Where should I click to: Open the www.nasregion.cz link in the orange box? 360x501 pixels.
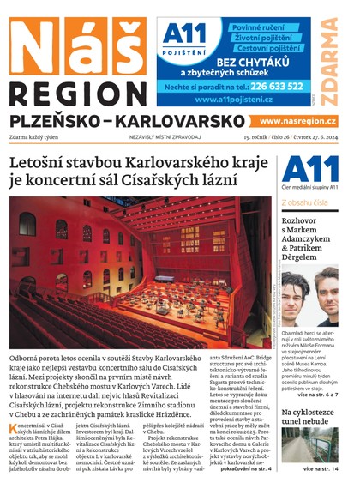297,122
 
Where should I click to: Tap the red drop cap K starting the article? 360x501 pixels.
15,428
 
